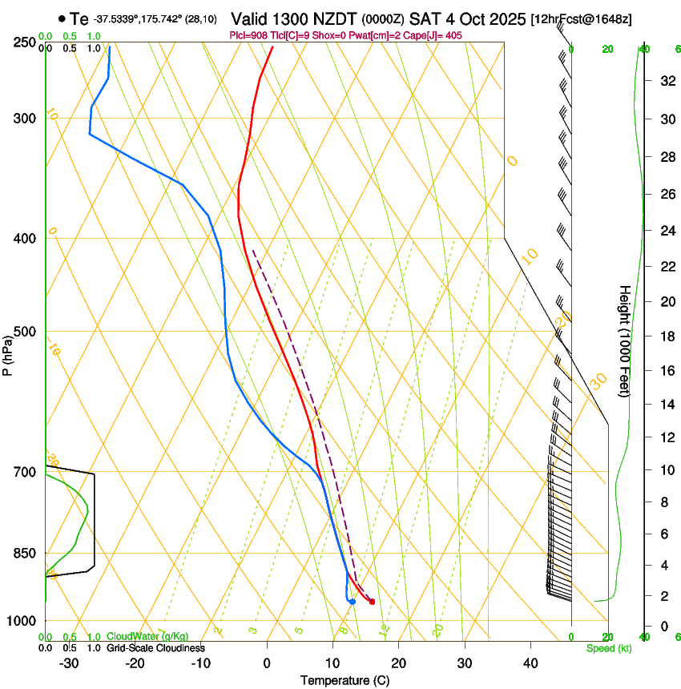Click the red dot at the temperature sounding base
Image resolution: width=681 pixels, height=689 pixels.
(x=372, y=602)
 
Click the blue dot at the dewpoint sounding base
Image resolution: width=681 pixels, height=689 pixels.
(x=353, y=602)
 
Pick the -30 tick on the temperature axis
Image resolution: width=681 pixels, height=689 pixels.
(x=69, y=663)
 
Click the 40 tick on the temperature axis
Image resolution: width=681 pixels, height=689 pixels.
(x=530, y=663)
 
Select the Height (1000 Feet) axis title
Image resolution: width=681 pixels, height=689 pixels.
(x=625, y=340)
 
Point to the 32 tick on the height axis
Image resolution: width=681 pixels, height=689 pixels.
(x=665, y=81)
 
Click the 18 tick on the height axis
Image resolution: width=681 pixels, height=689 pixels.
(x=665, y=336)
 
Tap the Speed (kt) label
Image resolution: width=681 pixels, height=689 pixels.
(x=608, y=648)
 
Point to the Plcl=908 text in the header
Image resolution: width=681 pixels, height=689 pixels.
(x=249, y=35)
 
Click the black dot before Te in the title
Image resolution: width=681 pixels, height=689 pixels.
(x=62, y=18)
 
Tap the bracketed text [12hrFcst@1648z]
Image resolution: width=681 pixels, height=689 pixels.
(x=581, y=18)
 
